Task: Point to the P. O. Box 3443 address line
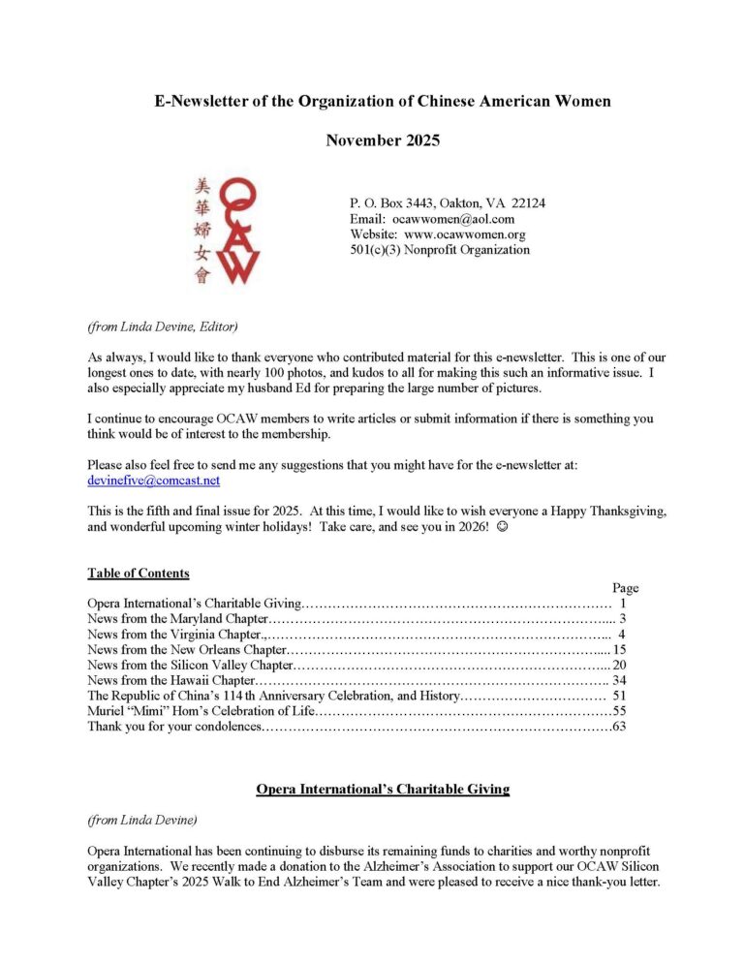click(447, 203)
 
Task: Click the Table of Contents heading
click(139, 573)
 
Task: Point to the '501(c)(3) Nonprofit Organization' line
click(440, 250)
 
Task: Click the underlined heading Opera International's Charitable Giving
click(383, 790)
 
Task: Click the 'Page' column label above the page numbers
click(626, 588)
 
